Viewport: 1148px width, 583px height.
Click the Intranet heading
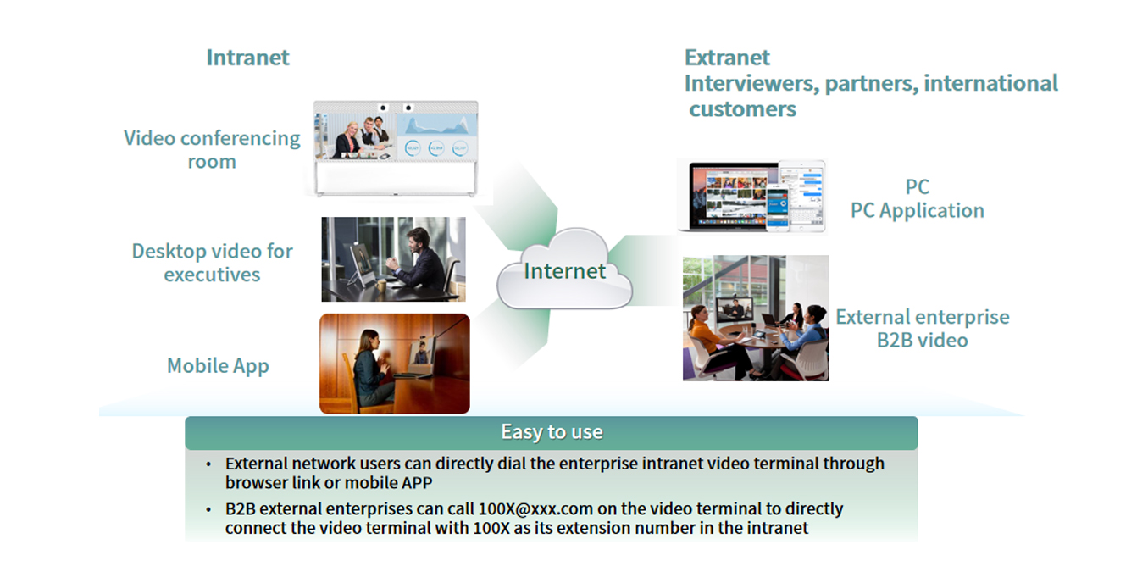point(247,58)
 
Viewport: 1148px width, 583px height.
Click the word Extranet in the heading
point(727,58)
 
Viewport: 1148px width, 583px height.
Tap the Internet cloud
point(565,269)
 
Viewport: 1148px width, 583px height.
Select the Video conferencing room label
point(212,150)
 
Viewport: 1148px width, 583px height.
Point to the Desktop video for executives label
point(212,263)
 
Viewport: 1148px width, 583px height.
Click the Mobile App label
point(218,366)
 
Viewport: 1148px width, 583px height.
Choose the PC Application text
point(918,210)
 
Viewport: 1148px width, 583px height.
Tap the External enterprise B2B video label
point(923,328)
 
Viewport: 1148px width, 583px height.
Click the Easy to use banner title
point(552,431)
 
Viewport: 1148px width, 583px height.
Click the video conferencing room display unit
point(396,148)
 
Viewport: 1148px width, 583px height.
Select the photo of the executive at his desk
point(394,259)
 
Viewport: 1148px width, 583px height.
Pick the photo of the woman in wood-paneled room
point(395,364)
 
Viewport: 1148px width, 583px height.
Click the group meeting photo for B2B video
point(756,318)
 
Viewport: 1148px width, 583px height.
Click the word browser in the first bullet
point(256,482)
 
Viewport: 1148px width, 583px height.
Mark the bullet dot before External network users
point(208,464)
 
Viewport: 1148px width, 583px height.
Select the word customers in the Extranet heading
point(743,109)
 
